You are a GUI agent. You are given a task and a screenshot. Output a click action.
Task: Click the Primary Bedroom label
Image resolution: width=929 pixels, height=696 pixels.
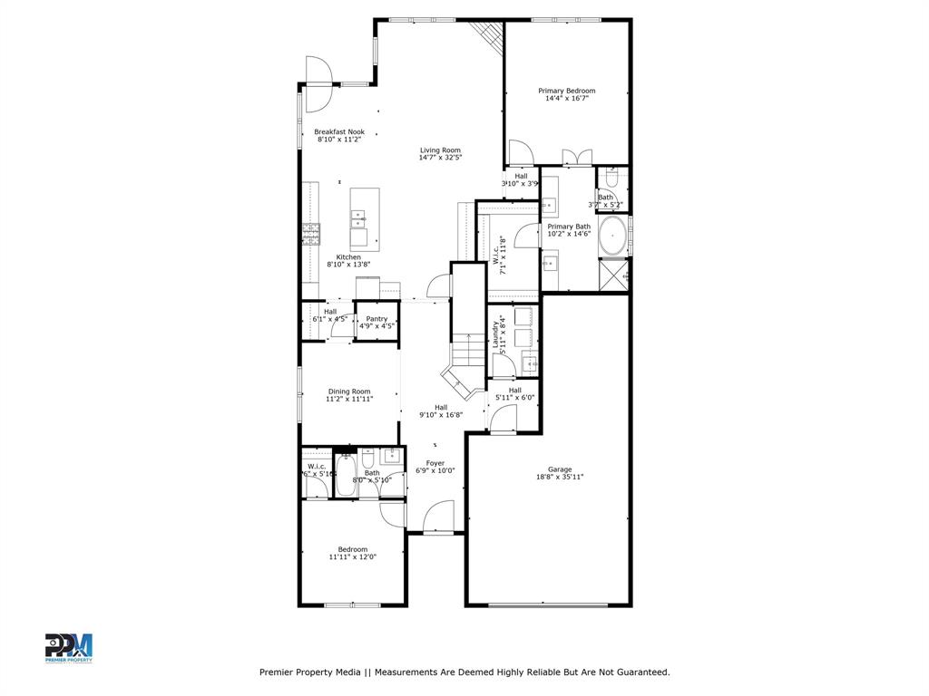click(567, 91)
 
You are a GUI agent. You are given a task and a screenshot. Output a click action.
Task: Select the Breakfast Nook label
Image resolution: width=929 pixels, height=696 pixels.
click(339, 131)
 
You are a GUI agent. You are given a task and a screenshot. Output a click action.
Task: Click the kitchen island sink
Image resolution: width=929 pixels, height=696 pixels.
click(358, 217)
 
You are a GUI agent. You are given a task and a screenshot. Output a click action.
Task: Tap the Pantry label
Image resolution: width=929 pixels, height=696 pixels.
click(376, 318)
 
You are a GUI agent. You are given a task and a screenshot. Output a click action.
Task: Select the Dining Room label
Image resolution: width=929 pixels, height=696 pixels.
click(349, 391)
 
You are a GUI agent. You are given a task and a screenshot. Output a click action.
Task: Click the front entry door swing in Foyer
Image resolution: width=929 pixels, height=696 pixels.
click(438, 518)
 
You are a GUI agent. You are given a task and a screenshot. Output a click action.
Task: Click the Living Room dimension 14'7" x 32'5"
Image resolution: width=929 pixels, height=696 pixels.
click(440, 158)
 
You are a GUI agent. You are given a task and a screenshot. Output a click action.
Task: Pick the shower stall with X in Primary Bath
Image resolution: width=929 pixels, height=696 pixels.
click(613, 275)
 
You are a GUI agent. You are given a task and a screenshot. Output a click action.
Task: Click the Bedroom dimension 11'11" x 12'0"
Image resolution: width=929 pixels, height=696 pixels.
click(353, 557)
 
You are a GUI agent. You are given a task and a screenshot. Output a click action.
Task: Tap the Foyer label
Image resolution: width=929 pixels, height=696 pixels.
click(435, 462)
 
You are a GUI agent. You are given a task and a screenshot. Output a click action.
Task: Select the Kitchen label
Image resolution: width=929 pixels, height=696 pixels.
click(349, 257)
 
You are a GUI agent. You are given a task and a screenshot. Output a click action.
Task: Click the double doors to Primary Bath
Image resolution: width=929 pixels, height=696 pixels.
click(577, 158)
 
